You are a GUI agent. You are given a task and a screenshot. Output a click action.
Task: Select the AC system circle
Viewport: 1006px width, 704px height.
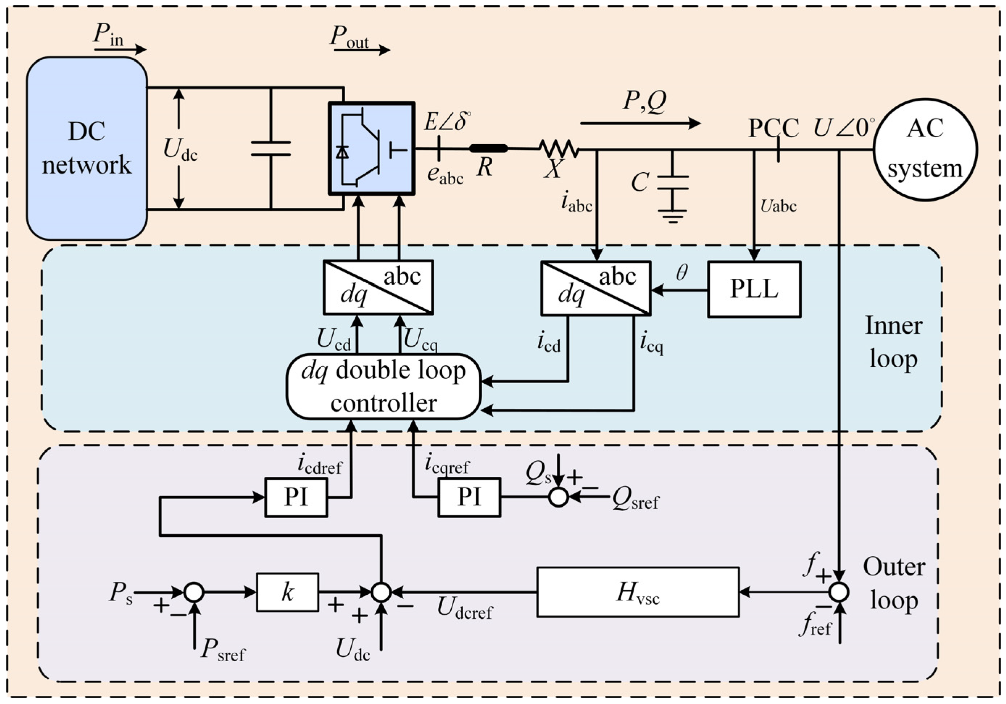click(x=925, y=150)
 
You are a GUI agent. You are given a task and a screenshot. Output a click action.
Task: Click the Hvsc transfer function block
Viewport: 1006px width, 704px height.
click(x=638, y=593)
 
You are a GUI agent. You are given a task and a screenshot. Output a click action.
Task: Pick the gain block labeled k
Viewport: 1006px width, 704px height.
click(x=287, y=593)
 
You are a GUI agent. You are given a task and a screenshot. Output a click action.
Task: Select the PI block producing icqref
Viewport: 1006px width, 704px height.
click(x=469, y=497)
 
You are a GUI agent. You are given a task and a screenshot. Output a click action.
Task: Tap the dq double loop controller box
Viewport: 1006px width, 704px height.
click(x=383, y=387)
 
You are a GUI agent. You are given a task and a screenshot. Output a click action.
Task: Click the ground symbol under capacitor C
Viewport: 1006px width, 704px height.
click(x=673, y=215)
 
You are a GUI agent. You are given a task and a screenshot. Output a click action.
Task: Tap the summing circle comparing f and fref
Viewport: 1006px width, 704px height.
click(x=839, y=593)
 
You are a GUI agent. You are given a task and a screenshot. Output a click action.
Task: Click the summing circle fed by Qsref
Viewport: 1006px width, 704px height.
click(x=559, y=497)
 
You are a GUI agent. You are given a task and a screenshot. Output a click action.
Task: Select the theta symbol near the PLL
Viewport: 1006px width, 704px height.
click(x=682, y=273)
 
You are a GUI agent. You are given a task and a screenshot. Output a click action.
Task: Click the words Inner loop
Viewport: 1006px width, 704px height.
click(x=893, y=342)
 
